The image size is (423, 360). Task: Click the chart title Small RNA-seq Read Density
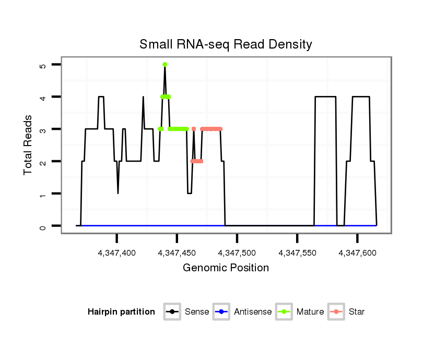click(226, 44)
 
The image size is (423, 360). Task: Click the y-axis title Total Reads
click(29, 145)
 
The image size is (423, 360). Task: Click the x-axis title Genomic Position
click(226, 268)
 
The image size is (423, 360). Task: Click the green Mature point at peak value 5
click(164, 65)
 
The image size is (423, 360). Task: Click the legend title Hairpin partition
click(121, 312)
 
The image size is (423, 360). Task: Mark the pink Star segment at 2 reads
click(197, 161)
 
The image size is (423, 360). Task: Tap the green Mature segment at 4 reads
click(166, 97)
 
